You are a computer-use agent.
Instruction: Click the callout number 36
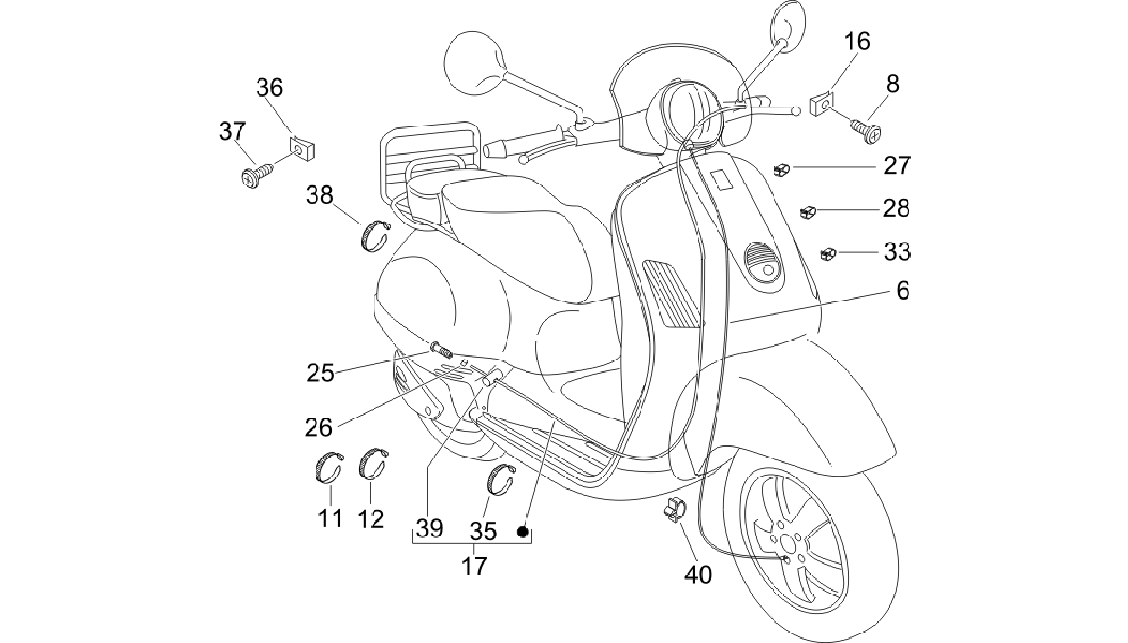(270, 88)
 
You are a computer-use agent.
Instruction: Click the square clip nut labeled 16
(822, 105)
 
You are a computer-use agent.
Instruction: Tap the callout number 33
(897, 252)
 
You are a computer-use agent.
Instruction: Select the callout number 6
(903, 291)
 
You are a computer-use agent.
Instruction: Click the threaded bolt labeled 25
(440, 349)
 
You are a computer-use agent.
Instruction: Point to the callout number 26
(319, 427)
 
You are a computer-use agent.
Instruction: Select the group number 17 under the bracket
(475, 566)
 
